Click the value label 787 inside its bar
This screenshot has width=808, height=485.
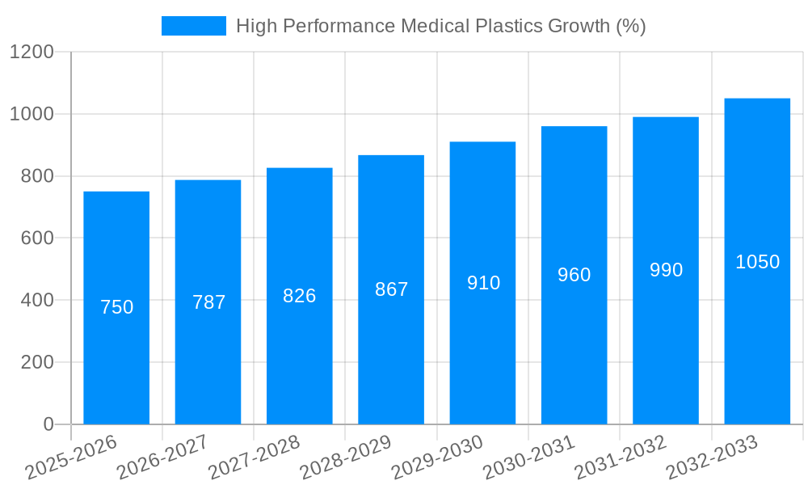click(208, 302)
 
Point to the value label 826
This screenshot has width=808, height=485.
click(300, 296)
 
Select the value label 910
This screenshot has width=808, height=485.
click(483, 283)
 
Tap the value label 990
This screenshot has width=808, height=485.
click(666, 270)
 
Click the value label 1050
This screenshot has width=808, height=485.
click(757, 262)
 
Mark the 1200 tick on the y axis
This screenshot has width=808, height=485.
click(32, 53)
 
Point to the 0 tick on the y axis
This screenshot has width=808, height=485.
click(48, 424)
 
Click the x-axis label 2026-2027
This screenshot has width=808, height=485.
click(162, 458)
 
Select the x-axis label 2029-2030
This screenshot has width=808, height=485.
click(437, 458)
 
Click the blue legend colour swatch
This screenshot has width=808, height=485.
click(194, 26)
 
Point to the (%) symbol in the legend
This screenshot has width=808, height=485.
click(630, 26)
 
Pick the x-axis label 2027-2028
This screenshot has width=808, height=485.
click(254, 458)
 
